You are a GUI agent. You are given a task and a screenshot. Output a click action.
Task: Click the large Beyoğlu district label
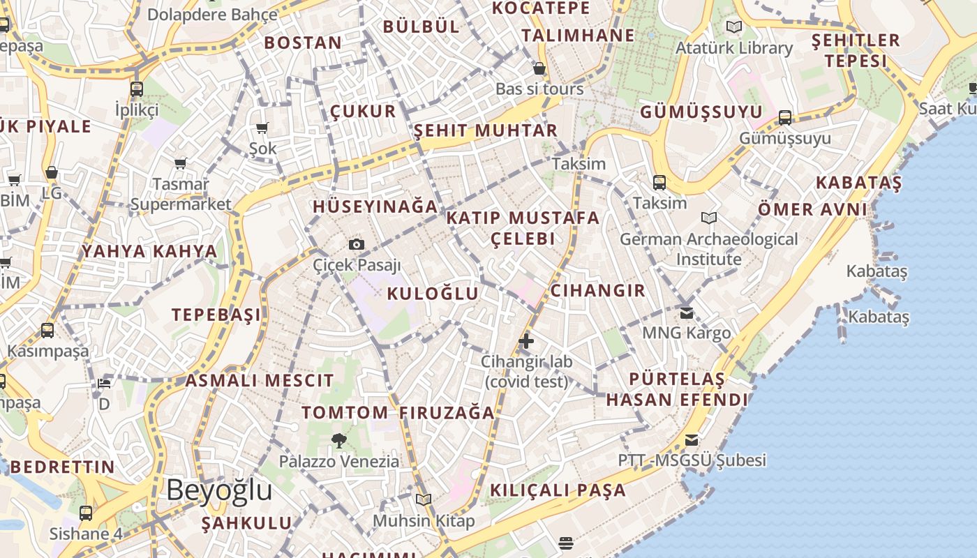pyautogui.click(x=219, y=490)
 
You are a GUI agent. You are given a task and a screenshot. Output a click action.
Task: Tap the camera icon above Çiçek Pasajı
pyautogui.click(x=357, y=244)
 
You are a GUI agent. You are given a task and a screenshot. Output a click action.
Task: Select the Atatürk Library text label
pyautogui.click(x=733, y=48)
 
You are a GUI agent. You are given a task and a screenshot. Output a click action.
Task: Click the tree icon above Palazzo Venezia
pyautogui.click(x=339, y=440)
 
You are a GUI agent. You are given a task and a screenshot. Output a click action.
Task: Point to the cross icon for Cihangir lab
pyautogui.click(x=526, y=341)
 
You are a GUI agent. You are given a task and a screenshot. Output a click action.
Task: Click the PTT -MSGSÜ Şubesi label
pyautogui.click(x=692, y=460)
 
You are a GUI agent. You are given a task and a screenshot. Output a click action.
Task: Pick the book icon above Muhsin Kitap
pyautogui.click(x=424, y=499)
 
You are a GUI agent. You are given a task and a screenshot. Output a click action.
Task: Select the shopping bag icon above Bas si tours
pyautogui.click(x=539, y=68)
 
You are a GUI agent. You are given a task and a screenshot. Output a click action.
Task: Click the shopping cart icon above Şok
pyautogui.click(x=262, y=128)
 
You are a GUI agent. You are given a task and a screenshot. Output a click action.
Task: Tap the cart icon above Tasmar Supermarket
pyautogui.click(x=181, y=163)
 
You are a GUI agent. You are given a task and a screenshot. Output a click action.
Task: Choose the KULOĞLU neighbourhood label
pyautogui.click(x=433, y=294)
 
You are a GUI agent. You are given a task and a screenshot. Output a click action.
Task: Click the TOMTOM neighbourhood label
pyautogui.click(x=344, y=412)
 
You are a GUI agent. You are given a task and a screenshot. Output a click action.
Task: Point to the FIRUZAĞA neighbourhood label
pyautogui.click(x=447, y=412)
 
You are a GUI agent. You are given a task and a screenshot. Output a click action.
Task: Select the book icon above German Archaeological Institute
pyautogui.click(x=709, y=218)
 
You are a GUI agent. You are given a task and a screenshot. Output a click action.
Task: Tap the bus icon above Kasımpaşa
pyautogui.click(x=47, y=330)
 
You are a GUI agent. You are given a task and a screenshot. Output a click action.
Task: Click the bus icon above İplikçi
pyautogui.click(x=137, y=89)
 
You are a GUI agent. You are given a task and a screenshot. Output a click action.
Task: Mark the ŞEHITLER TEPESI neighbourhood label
pyautogui.click(x=856, y=50)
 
